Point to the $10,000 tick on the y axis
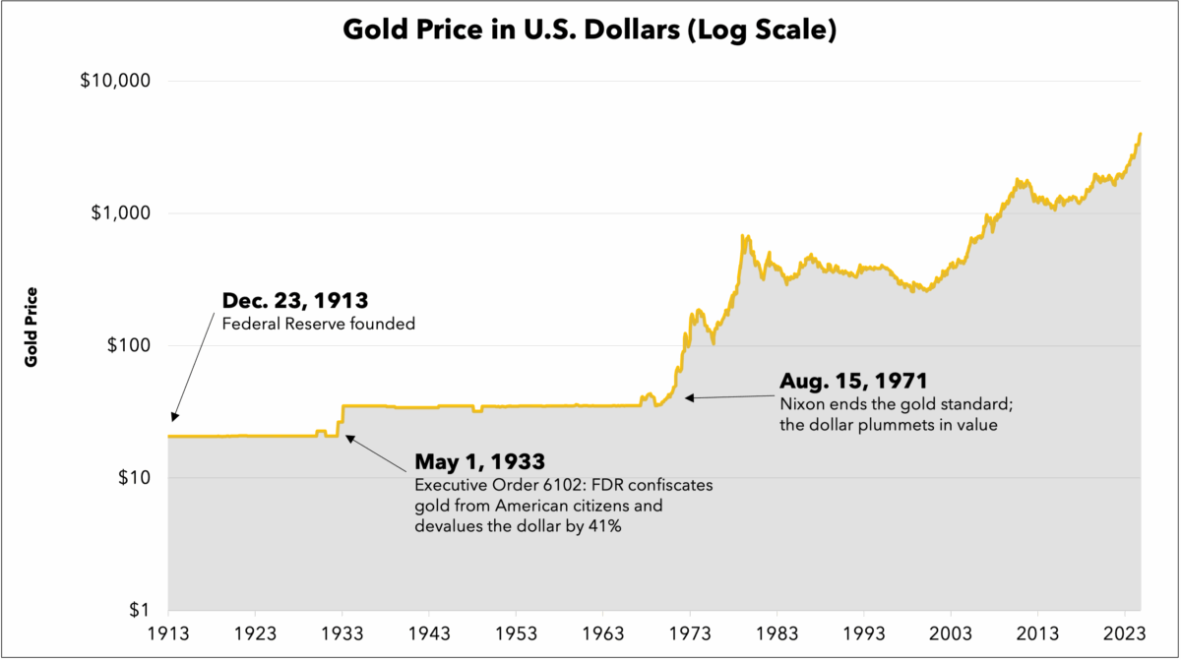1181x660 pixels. point(113,81)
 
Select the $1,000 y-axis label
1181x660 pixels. point(119,213)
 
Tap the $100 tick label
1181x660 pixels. point(125,346)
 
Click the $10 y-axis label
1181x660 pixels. point(130,478)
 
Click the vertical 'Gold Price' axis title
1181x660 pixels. point(31,328)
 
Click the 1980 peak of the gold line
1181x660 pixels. point(745,236)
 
